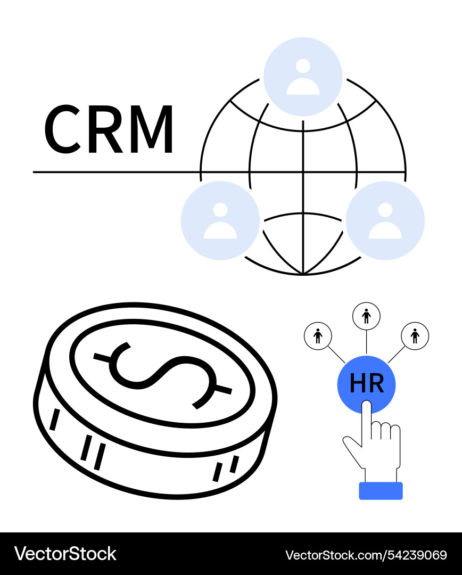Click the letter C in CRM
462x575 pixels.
point(62,129)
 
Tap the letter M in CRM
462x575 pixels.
point(152,129)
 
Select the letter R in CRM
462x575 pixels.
point(105,129)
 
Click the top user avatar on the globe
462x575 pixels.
point(303,77)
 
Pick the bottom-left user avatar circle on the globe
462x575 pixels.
point(220,220)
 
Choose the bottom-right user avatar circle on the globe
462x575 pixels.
point(385,220)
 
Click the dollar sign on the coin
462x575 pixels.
point(163,375)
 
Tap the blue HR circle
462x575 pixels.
point(366,385)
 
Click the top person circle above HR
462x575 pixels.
point(366,316)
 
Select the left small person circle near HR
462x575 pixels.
point(318,336)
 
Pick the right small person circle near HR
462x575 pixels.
point(415,336)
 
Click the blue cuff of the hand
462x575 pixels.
point(381,491)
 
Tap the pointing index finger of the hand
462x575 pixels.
point(366,422)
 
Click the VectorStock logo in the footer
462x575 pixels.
point(65,554)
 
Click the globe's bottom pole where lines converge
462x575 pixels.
point(303,274)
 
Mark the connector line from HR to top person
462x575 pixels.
point(366,343)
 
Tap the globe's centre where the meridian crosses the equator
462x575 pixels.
point(303,172)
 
